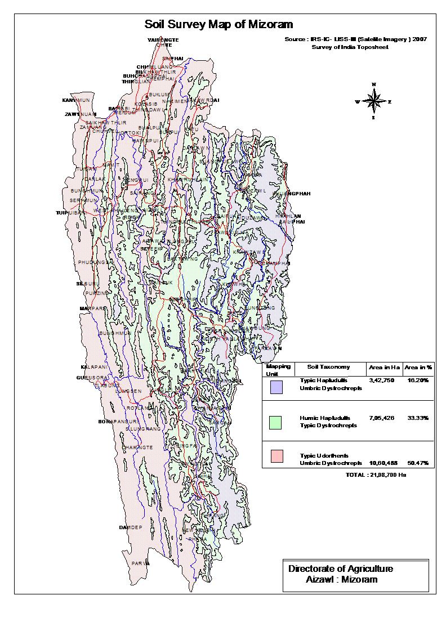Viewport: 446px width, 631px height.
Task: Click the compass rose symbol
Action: [373, 102]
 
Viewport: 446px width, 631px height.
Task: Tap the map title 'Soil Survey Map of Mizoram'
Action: [219, 24]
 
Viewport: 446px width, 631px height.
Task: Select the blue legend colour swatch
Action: [276, 387]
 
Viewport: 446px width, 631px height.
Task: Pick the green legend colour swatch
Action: [276, 422]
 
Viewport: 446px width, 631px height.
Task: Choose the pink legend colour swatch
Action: [276, 456]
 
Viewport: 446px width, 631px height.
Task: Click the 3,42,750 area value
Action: [381, 381]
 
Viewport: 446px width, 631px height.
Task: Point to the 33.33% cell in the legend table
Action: [417, 418]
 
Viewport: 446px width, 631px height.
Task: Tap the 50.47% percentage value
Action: [417, 463]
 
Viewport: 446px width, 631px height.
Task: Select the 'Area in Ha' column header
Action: [384, 367]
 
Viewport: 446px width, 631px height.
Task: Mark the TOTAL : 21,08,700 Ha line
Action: [376, 475]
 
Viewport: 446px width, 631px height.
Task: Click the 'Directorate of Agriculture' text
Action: [341, 569]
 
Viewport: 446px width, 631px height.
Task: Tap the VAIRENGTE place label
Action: [163, 40]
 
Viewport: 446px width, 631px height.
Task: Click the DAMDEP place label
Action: [131, 527]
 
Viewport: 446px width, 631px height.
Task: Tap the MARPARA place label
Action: [93, 308]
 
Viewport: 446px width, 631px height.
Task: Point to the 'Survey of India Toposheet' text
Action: [350, 47]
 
